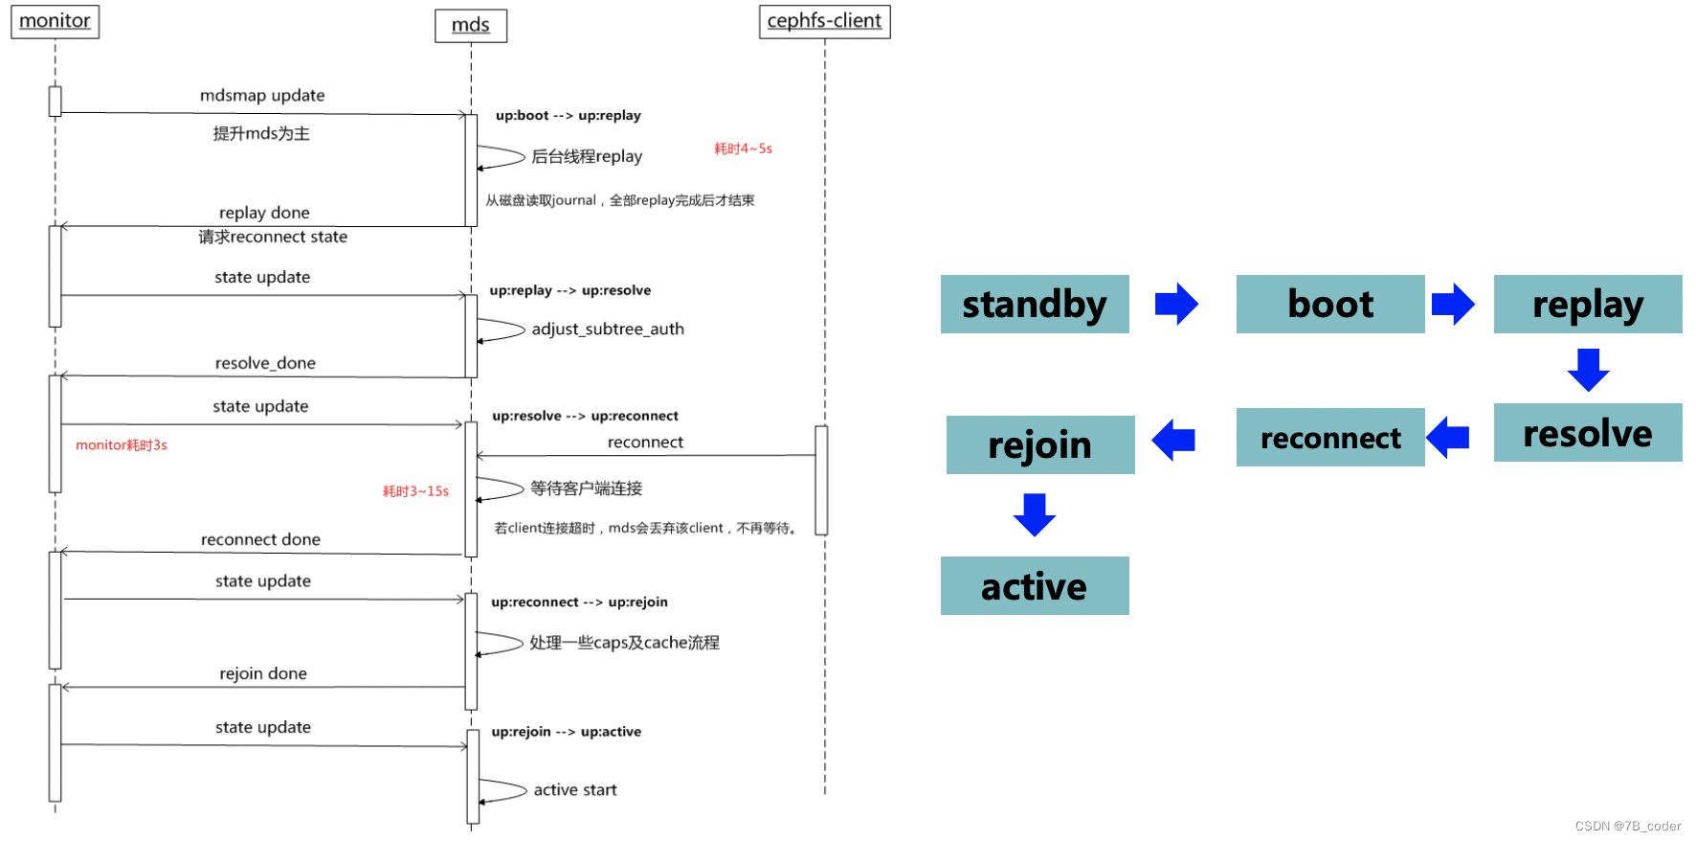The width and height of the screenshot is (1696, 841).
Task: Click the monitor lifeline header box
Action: click(x=55, y=21)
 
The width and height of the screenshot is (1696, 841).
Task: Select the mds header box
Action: click(x=471, y=25)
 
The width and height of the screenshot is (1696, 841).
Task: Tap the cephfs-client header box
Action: click(x=824, y=21)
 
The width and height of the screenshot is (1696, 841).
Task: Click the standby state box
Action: click(x=1035, y=305)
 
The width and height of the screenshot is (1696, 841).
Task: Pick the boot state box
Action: click(x=1329, y=305)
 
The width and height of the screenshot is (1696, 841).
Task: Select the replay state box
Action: click(x=1587, y=305)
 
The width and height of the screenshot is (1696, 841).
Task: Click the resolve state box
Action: click(x=1587, y=433)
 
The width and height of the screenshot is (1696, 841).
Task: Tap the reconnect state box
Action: click(x=1329, y=438)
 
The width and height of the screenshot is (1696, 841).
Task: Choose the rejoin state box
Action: click(x=1039, y=444)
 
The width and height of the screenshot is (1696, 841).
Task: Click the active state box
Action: click(x=1035, y=586)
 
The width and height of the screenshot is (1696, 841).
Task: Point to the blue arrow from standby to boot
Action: click(x=1176, y=305)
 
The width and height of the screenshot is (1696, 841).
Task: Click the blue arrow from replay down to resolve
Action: click(x=1588, y=370)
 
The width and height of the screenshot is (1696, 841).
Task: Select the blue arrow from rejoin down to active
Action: click(x=1035, y=514)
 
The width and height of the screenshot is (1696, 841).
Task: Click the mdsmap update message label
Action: click(x=262, y=96)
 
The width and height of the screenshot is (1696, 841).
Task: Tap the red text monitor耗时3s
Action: click(x=122, y=445)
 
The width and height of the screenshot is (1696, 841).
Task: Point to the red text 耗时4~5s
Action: click(x=743, y=148)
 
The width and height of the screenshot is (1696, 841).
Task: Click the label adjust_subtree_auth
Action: click(x=608, y=330)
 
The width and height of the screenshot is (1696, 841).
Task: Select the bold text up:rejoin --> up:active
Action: click(x=566, y=732)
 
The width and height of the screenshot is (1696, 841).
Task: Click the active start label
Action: click(x=575, y=790)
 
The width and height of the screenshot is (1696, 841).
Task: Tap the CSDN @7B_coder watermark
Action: click(x=1627, y=826)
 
